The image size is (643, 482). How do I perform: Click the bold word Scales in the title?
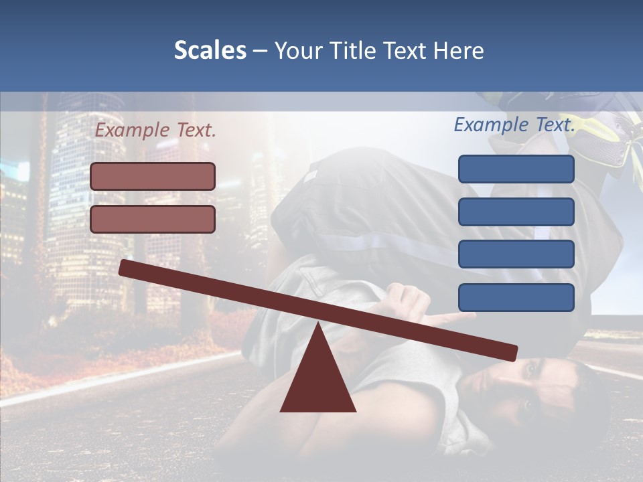(x=210, y=50)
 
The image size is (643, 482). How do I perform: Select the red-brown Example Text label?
(x=155, y=131)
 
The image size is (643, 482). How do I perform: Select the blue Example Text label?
(x=514, y=125)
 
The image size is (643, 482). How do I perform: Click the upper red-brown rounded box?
(x=153, y=176)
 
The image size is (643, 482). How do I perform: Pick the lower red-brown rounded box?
(x=153, y=219)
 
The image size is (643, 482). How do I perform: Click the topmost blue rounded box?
(x=516, y=169)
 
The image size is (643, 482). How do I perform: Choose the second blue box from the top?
(x=516, y=212)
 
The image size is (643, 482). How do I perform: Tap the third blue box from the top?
(x=516, y=254)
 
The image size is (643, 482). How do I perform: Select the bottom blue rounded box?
(x=516, y=297)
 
